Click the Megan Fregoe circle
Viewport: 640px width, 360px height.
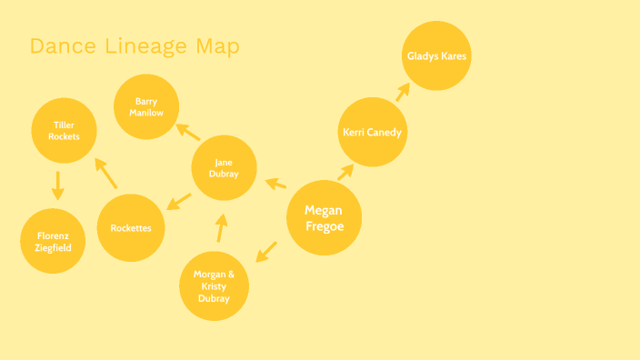click(x=324, y=217)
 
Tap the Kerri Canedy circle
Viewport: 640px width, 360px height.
click(x=372, y=132)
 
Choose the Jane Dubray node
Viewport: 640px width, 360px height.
click(x=224, y=168)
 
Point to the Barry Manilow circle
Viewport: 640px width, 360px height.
click(x=146, y=106)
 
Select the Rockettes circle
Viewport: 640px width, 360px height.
click(x=131, y=227)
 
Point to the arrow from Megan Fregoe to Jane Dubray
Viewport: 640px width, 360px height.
click(x=275, y=185)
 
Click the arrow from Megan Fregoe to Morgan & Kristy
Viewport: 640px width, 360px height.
click(x=265, y=251)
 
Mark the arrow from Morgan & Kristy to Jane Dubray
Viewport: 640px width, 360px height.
click(x=221, y=227)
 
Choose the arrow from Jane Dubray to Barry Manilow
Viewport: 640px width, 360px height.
click(x=188, y=131)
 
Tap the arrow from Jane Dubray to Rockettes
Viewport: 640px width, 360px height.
click(x=179, y=200)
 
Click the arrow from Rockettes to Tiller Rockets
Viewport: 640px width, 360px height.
click(x=105, y=173)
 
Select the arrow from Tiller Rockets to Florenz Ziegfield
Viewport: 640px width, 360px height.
click(x=57, y=185)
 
